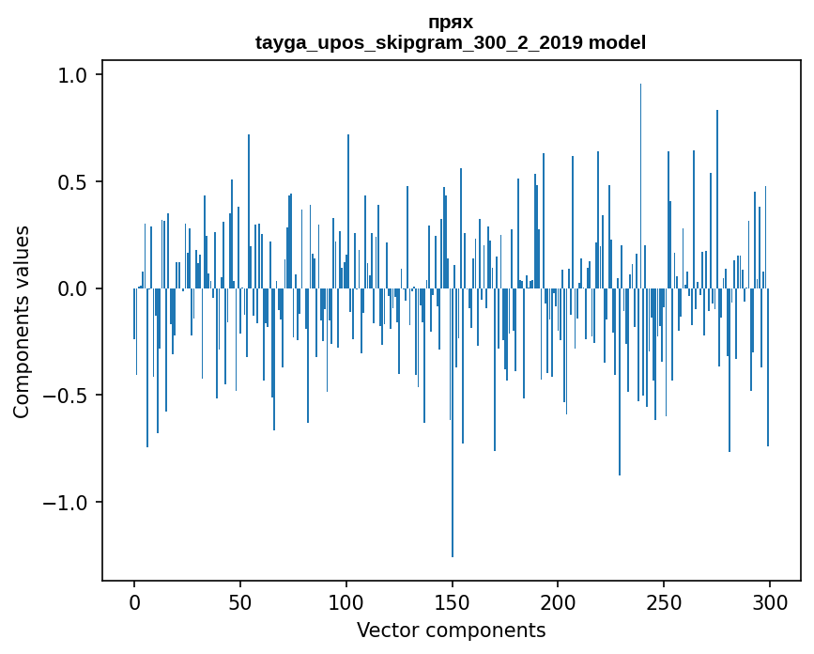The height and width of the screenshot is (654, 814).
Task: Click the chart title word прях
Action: (451, 23)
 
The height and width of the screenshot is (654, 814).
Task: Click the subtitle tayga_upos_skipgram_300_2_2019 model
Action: (451, 42)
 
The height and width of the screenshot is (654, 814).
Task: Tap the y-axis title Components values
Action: (22, 321)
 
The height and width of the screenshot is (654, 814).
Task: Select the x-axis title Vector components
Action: (451, 631)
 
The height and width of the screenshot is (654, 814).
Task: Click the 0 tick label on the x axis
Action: (134, 602)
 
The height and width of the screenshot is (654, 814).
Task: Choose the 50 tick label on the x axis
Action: (240, 602)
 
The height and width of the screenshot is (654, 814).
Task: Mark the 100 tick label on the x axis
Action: (346, 602)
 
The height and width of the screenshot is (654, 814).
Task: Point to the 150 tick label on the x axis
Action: (452, 602)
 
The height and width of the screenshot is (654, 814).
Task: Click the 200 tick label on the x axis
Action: (558, 602)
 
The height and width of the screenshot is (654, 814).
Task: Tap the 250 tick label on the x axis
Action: (664, 602)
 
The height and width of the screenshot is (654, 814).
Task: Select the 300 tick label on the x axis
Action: (770, 602)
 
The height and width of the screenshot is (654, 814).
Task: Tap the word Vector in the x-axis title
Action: (385, 631)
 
